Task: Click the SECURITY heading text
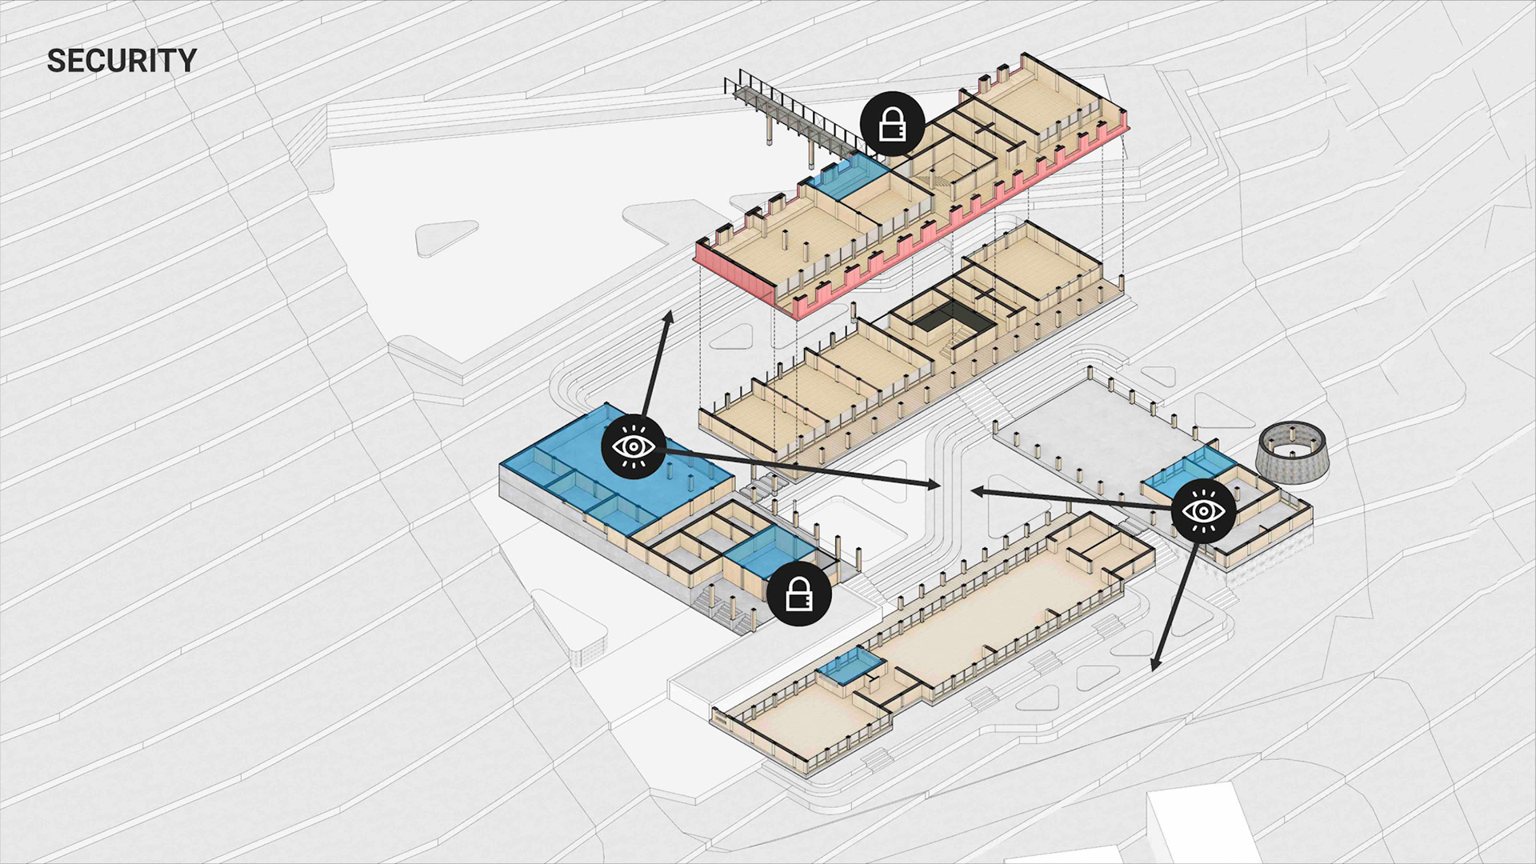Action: [x=122, y=61]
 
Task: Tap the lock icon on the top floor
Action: [x=892, y=124]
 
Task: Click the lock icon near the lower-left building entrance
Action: [x=798, y=594]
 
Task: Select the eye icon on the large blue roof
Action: [x=633, y=446]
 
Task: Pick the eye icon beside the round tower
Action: [x=1203, y=511]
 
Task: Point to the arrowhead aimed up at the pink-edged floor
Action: [x=668, y=318]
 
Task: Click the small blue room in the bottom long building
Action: [x=850, y=666]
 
